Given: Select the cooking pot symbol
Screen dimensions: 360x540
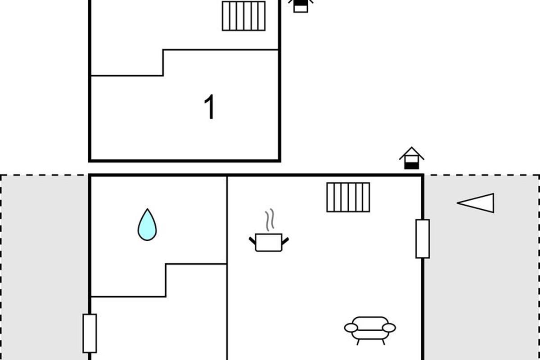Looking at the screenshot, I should pyautogui.click(x=269, y=242).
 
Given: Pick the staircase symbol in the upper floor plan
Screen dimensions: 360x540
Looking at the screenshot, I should pyautogui.click(x=244, y=16).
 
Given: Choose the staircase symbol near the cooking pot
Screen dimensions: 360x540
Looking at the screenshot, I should pyautogui.click(x=348, y=197).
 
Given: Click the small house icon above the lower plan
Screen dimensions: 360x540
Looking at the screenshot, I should pyautogui.click(x=411, y=158).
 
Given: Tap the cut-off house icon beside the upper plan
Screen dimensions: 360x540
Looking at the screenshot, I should pyautogui.click(x=301, y=6).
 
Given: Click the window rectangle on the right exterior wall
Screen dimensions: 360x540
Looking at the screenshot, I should pyautogui.click(x=423, y=238).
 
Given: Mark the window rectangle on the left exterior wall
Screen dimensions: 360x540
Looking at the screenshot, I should pyautogui.click(x=90, y=333).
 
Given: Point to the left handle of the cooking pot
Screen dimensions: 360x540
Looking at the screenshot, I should pyautogui.click(x=252, y=239).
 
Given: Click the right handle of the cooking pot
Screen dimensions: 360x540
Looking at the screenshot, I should pyautogui.click(x=285, y=239).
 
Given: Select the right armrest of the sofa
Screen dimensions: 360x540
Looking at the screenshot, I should pyautogui.click(x=390, y=328).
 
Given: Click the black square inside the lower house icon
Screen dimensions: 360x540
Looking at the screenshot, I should pyautogui.click(x=411, y=165).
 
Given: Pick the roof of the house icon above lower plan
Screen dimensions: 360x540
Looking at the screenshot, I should pyautogui.click(x=411, y=152).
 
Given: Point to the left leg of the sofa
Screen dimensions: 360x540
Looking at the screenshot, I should pyautogui.click(x=358, y=342).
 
